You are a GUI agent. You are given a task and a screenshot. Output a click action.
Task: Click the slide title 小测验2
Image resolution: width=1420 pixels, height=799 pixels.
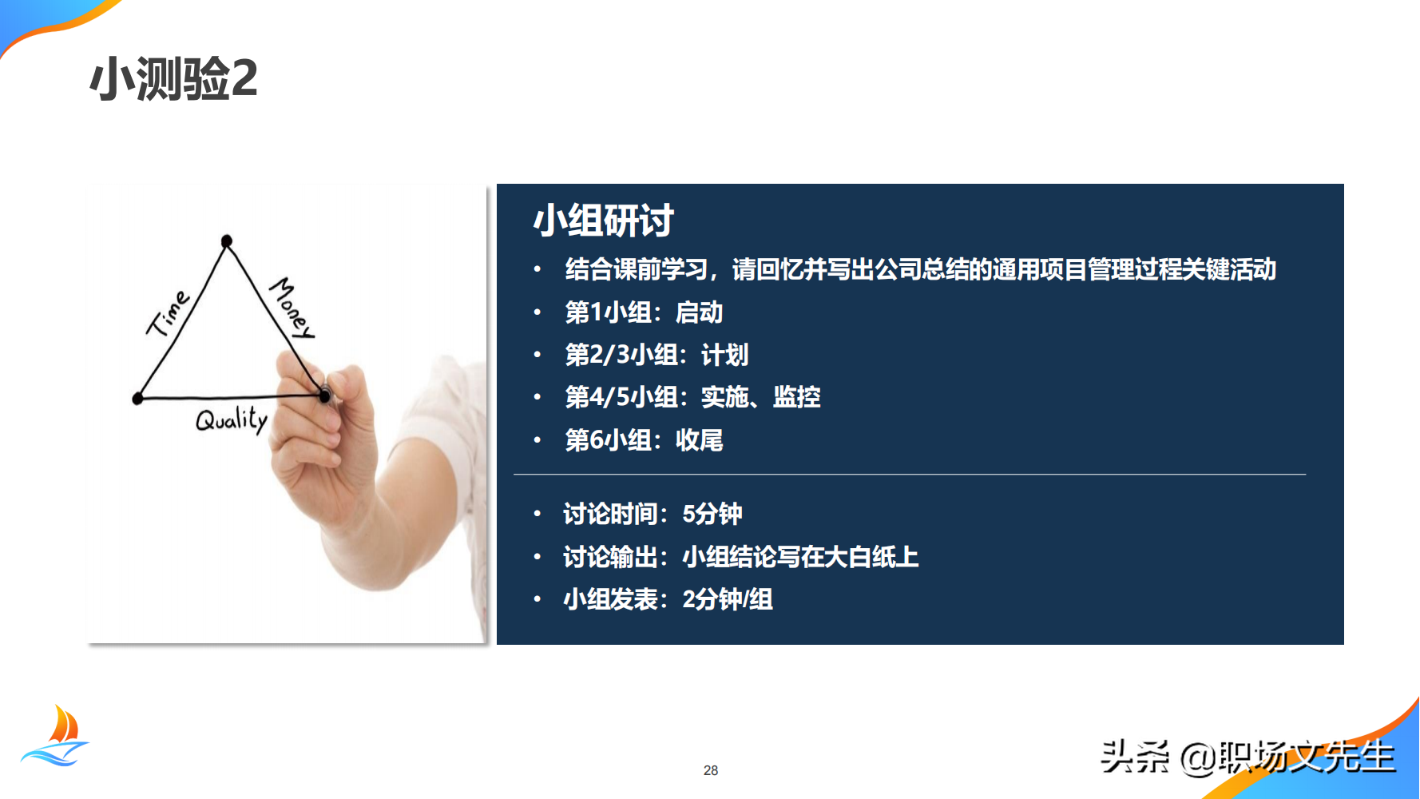173,78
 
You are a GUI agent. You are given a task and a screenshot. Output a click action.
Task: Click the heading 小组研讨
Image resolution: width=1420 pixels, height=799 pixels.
603,221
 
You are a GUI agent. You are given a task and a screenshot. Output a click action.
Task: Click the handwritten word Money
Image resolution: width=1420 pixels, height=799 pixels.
292,308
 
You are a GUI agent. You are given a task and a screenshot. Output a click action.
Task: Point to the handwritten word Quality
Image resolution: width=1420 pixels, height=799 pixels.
232,419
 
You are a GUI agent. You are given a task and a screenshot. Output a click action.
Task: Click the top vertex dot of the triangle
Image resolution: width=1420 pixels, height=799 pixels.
227,240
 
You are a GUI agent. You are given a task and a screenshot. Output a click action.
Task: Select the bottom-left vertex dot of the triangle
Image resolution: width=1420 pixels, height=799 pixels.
138,398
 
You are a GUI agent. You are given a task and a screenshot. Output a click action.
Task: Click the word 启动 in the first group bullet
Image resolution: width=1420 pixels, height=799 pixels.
699,312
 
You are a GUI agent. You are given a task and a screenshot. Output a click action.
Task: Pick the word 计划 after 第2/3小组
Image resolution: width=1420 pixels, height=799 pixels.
724,355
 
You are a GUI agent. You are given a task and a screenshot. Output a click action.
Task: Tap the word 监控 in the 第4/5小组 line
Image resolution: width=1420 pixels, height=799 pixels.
796,397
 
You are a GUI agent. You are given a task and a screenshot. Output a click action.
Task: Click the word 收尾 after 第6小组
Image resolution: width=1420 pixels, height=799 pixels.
699,439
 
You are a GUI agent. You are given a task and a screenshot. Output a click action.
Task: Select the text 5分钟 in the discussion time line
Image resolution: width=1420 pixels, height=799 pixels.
712,514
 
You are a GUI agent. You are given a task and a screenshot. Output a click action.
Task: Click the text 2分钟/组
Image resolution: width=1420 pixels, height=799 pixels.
728,599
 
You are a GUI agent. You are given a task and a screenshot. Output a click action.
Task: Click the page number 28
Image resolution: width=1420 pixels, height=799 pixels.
711,770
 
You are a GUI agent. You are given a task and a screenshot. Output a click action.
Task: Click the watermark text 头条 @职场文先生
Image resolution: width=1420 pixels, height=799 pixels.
1247,757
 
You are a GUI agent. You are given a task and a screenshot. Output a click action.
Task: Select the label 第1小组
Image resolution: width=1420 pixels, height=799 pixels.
608,312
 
